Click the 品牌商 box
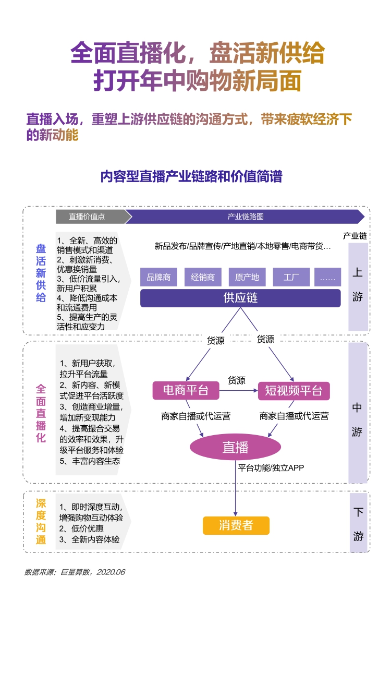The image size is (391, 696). (x=158, y=277)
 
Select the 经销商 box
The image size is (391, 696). (x=203, y=277)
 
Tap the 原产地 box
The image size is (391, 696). (x=247, y=277)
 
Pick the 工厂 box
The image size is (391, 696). (x=291, y=277)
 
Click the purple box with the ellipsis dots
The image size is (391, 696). (x=328, y=277)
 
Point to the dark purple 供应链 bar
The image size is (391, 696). (x=240, y=298)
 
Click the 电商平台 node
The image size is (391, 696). (x=186, y=390)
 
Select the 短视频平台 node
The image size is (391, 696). (x=294, y=390)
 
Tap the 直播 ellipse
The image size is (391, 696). (x=235, y=447)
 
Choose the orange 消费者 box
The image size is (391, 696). (x=236, y=525)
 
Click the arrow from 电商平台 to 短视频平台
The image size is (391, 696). (x=238, y=390)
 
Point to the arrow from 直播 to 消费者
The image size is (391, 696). (x=236, y=490)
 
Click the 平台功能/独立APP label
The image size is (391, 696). (x=271, y=468)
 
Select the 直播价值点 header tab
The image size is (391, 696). (x=87, y=217)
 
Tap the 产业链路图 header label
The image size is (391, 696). (x=245, y=217)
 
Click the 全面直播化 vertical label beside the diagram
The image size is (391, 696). (x=41, y=413)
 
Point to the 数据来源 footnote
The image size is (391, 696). (x=75, y=572)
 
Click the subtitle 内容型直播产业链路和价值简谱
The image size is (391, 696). (x=191, y=176)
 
